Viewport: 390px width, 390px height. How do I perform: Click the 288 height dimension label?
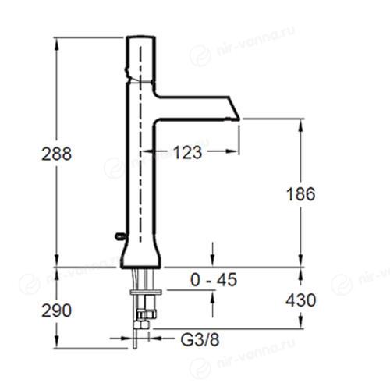pos(57,154)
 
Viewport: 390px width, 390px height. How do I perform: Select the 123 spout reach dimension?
pos(187,152)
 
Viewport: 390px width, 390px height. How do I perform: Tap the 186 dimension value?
pos(301,194)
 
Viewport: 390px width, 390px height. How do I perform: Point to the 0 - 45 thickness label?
pos(214,280)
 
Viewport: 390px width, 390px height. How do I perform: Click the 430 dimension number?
pos(301,300)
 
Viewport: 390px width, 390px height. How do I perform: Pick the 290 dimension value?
pos(57,310)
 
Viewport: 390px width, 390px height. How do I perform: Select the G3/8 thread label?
pos(200,339)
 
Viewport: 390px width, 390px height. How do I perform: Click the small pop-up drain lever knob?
pos(120,236)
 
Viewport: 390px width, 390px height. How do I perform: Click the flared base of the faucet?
pos(140,255)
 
